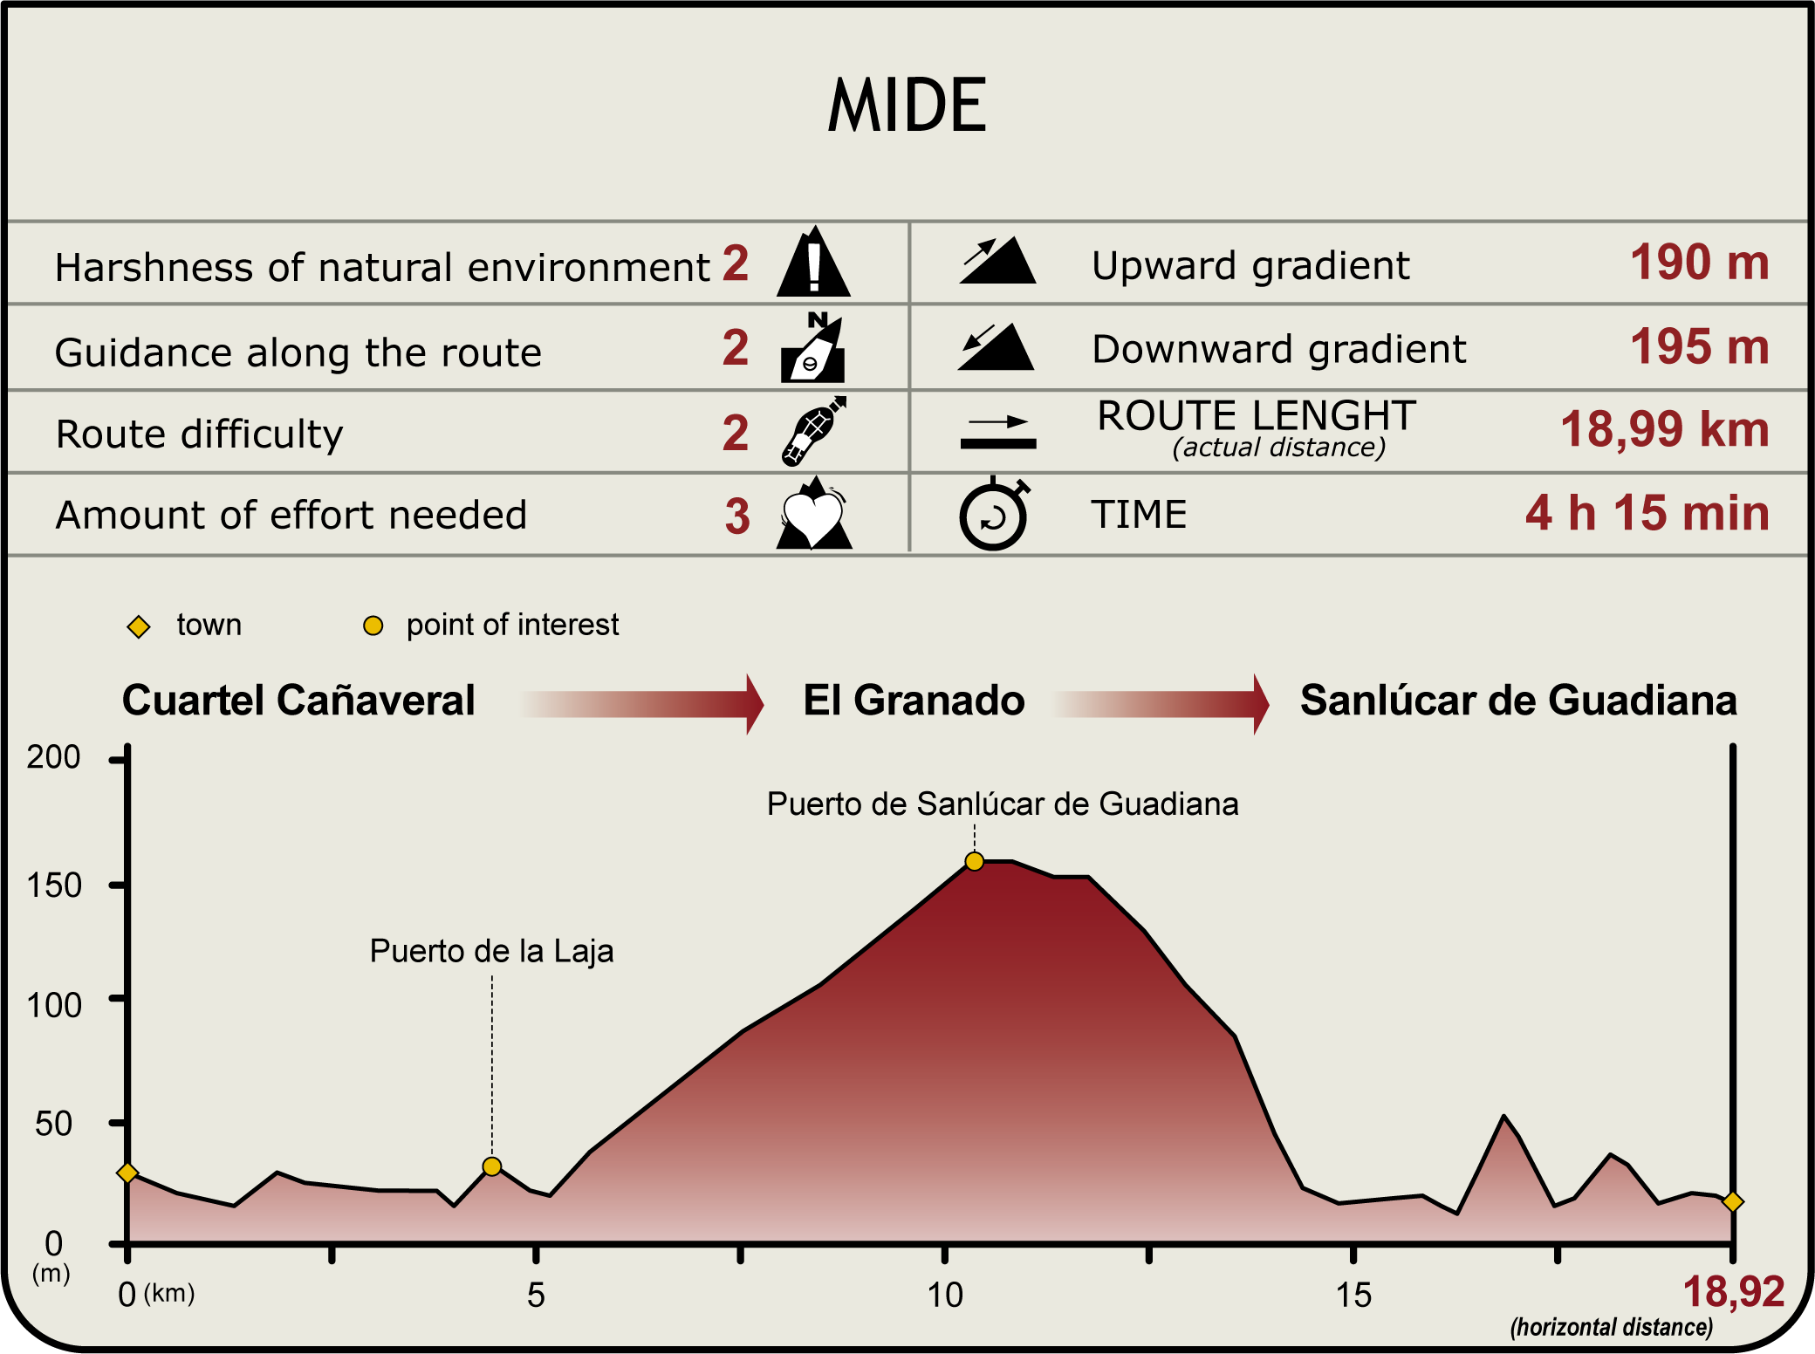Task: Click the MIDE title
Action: click(x=907, y=106)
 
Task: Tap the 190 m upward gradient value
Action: click(x=1699, y=262)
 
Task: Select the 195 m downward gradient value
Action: click(x=1699, y=346)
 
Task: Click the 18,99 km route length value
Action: click(x=1664, y=429)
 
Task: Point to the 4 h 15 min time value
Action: click(x=1647, y=513)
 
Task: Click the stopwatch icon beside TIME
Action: click(x=994, y=515)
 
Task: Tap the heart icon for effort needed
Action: click(x=813, y=516)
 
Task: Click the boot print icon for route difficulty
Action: click(x=813, y=431)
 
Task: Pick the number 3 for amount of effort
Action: click(x=737, y=516)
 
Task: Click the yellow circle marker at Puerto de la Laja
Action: click(x=492, y=1166)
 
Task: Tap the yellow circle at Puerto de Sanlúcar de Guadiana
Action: click(x=975, y=862)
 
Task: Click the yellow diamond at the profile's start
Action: click(x=127, y=1173)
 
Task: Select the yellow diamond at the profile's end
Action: click(x=1733, y=1202)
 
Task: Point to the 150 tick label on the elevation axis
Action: click(x=54, y=886)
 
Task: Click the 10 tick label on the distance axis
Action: click(x=945, y=1296)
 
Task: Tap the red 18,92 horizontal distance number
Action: click(x=1733, y=1292)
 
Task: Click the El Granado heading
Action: click(x=914, y=701)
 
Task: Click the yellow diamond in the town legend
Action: click(x=139, y=626)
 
